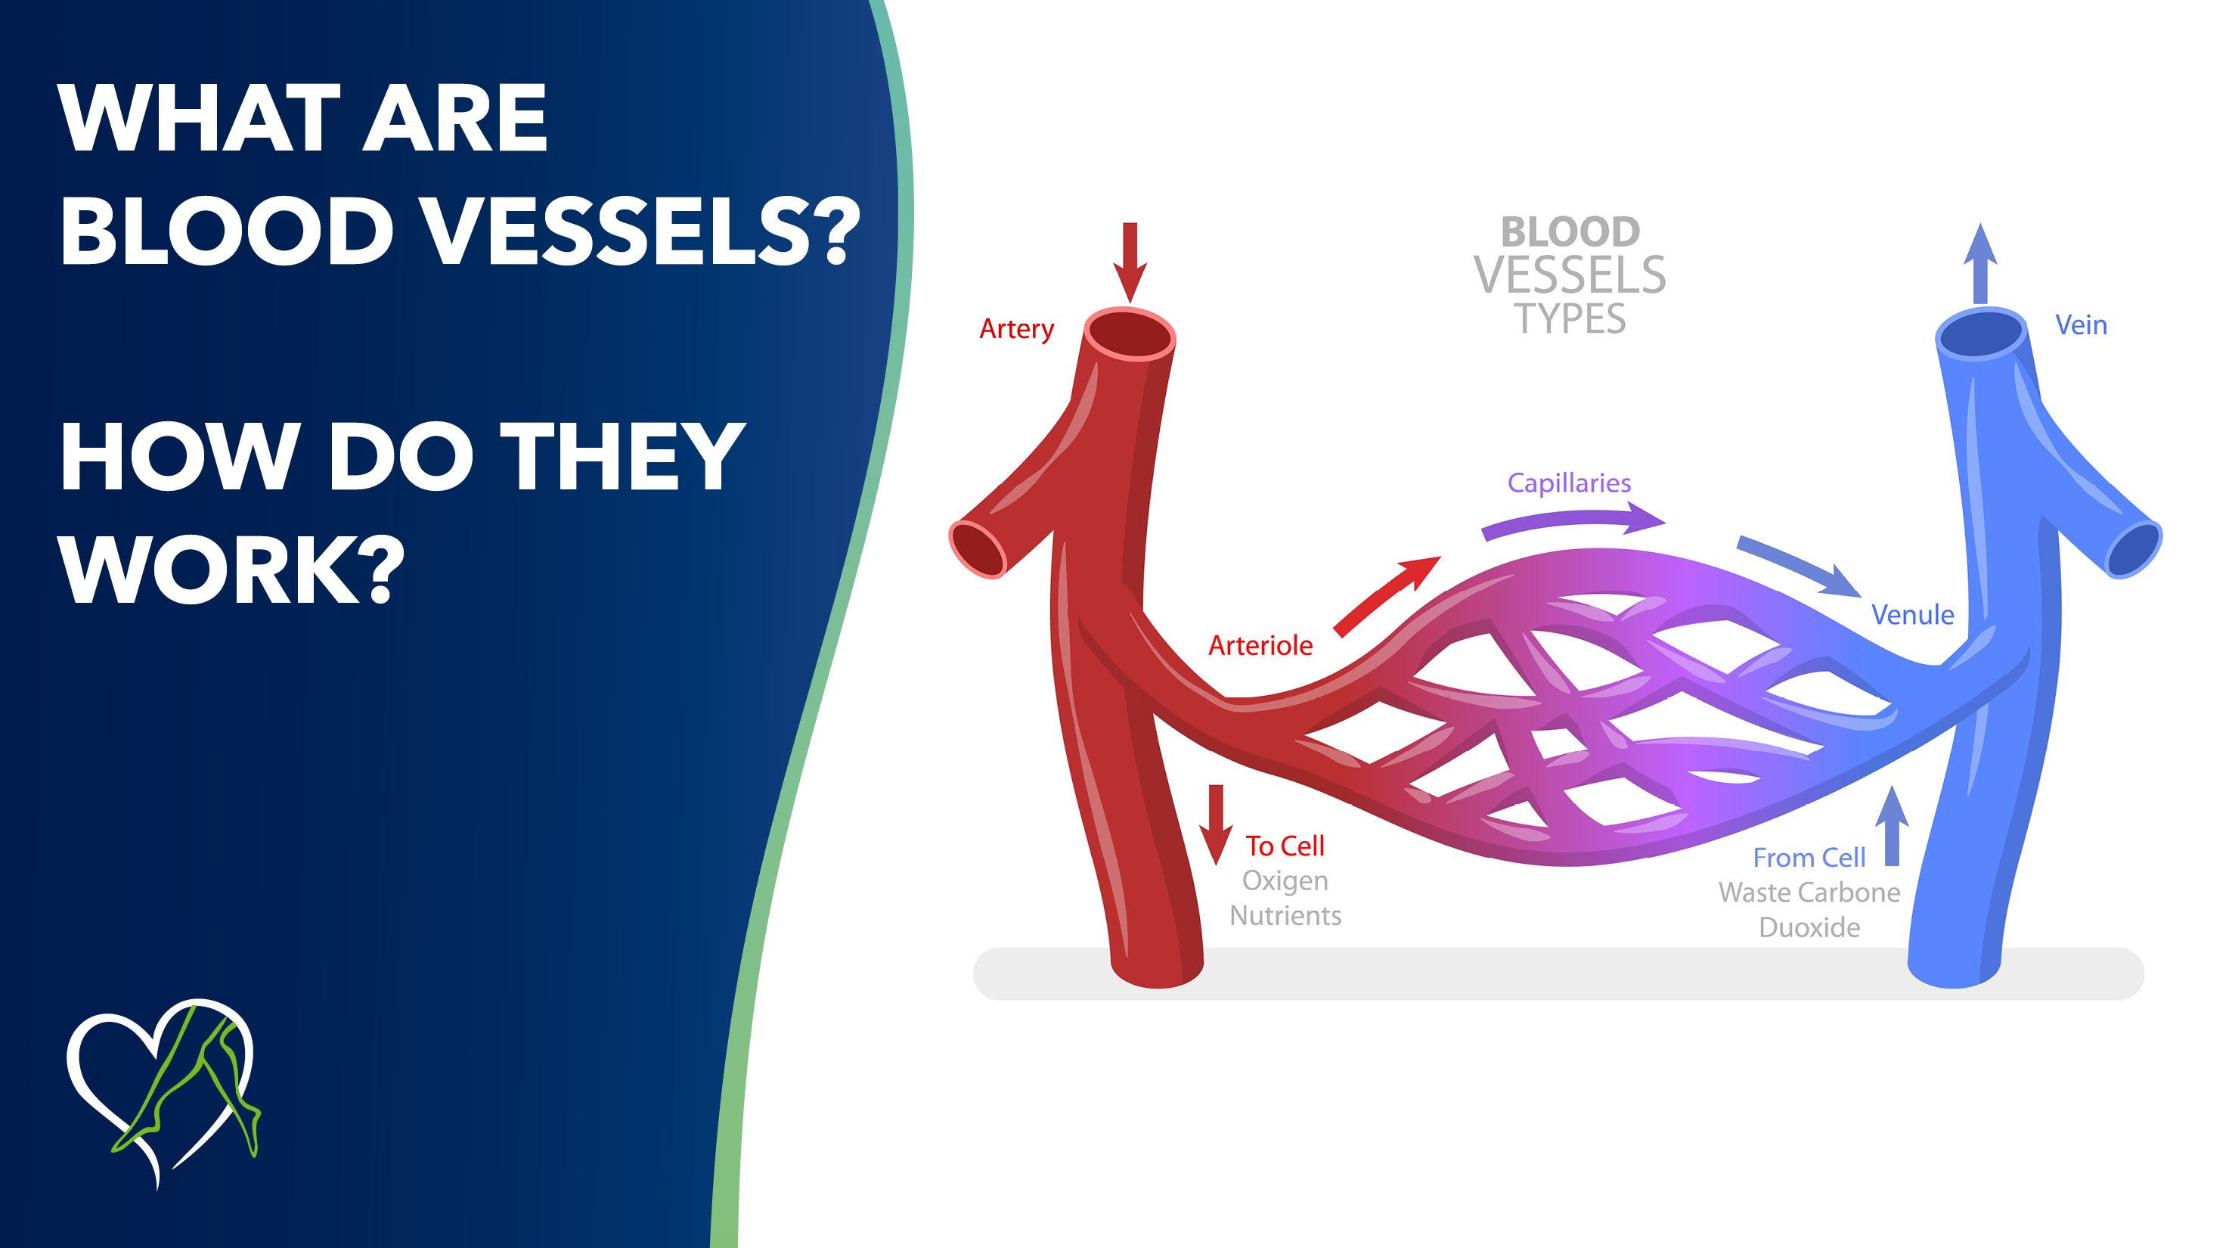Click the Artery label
click(1016, 330)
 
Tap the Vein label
click(2080, 325)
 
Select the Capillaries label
click(1568, 483)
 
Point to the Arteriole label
click(1260, 646)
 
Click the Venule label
click(1911, 616)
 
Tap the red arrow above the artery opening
click(1129, 259)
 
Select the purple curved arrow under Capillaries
click(1570, 522)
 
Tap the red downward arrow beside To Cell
click(1215, 822)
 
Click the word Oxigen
click(1284, 881)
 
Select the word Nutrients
click(1285, 916)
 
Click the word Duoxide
click(1809, 928)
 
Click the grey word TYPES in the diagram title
click(1570, 319)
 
